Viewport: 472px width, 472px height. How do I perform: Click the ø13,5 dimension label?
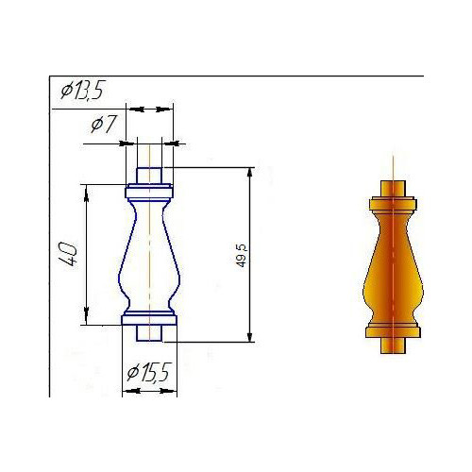coord(82,91)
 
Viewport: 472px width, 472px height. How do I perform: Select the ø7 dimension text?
coord(104,124)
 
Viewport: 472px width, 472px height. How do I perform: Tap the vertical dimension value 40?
coord(68,254)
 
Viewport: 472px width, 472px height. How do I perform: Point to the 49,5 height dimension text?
coord(242,256)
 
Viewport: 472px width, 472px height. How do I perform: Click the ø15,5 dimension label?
coord(149,372)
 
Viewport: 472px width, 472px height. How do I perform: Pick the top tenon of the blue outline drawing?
coord(149,176)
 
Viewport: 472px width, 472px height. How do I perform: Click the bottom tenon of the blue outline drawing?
coord(149,333)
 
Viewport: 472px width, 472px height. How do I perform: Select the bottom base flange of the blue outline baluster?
coord(149,320)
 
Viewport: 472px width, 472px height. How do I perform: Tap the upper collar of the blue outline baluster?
coord(149,193)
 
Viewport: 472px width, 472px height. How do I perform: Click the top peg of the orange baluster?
coord(393,189)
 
